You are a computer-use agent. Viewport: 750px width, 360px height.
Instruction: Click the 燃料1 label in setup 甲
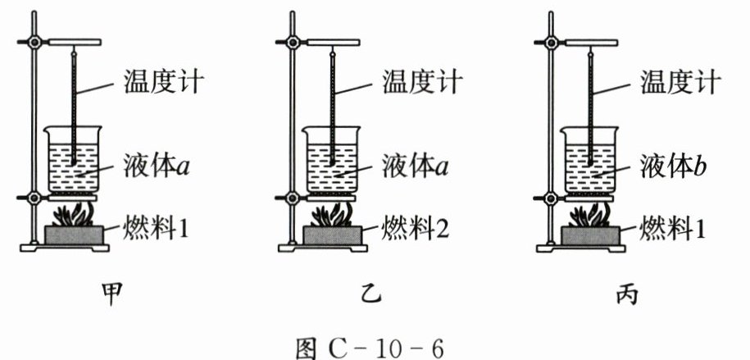point(157,226)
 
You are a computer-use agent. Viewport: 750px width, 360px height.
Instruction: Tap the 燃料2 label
point(416,226)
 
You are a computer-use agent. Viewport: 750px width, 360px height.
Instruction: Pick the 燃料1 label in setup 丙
point(674,226)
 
